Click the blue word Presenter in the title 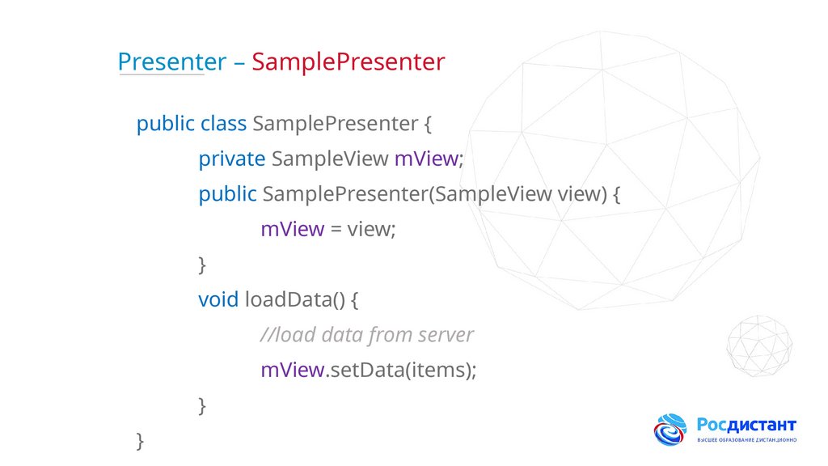[x=171, y=61]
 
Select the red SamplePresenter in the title [x=349, y=62]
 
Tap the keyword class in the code [x=223, y=124]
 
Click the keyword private [x=232, y=159]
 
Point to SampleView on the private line [x=330, y=159]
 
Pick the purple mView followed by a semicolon [x=426, y=159]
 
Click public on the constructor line [x=228, y=194]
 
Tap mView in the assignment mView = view [x=292, y=230]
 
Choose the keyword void [x=218, y=299]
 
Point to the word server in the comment [x=446, y=335]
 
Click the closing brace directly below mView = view [x=202, y=265]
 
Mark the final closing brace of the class [x=141, y=441]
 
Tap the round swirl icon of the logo [x=670, y=430]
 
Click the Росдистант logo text [x=746, y=425]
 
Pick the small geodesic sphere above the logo [x=758, y=346]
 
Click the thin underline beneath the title [x=161, y=76]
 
